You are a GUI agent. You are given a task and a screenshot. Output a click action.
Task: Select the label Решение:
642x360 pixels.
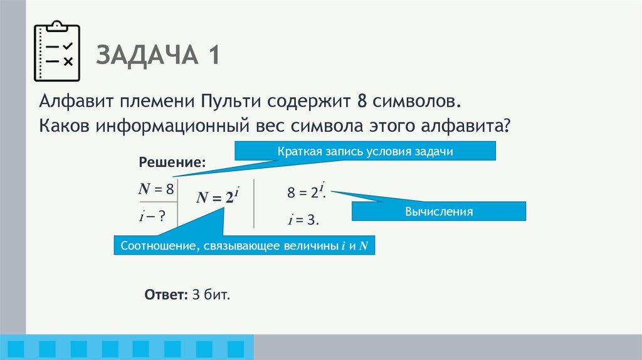(172, 162)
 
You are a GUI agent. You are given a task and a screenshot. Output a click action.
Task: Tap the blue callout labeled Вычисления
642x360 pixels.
(438, 211)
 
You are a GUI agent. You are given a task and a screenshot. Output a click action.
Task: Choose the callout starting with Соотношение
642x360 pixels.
(248, 245)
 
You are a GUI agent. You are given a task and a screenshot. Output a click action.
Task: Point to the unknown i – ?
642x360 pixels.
(152, 216)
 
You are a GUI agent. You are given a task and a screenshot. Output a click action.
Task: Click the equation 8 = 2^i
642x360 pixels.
(305, 192)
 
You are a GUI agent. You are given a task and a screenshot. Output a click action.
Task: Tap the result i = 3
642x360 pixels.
(304, 220)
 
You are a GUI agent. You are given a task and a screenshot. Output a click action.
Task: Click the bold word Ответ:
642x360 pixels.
(164, 295)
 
